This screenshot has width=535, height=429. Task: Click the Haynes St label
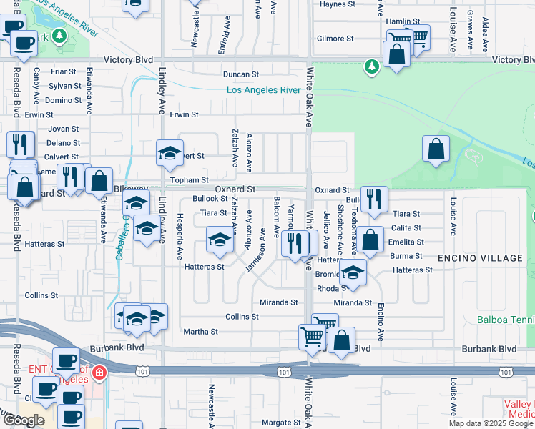coord(338,4)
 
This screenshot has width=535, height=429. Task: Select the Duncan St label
coord(240,74)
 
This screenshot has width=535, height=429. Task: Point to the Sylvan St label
coord(65,86)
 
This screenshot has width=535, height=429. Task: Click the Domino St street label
coord(63,100)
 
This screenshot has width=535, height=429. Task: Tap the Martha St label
coord(200,332)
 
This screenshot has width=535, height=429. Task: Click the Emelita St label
coord(406,242)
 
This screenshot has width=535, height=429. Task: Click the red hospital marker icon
coord(98,373)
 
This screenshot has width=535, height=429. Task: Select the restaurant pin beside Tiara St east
coord(373,201)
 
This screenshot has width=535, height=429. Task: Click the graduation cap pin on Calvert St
coord(170,152)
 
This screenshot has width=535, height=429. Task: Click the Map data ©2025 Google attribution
coord(491,423)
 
